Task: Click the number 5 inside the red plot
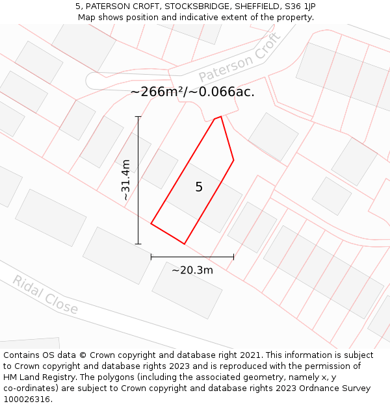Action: point(199,187)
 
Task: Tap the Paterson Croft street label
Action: point(239,58)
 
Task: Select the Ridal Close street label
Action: point(45,295)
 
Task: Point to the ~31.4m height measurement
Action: point(126,180)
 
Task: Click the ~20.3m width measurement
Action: point(192,270)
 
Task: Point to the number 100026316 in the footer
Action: point(27,400)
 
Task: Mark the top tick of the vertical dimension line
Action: point(138,117)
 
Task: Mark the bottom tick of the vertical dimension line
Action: point(138,244)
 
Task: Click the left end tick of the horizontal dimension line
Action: point(151,257)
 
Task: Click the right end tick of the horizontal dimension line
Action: point(233,257)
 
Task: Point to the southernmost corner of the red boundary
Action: point(185,244)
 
